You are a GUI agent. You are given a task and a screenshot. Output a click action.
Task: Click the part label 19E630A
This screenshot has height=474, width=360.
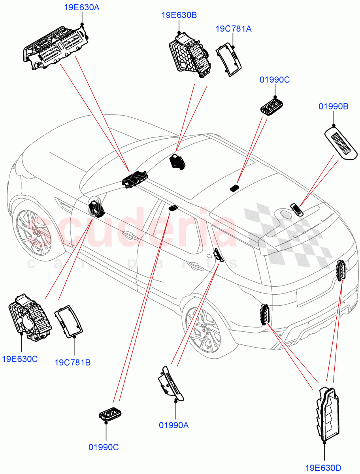coord(82,7)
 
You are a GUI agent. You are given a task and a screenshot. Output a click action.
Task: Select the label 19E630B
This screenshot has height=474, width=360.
coord(179,15)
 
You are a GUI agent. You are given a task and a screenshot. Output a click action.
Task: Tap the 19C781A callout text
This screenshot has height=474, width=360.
coord(233,29)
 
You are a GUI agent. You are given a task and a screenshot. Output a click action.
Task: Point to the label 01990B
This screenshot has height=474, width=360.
coord(333,106)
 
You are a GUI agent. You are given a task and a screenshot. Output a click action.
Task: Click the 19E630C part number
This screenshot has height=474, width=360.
coord(20,359)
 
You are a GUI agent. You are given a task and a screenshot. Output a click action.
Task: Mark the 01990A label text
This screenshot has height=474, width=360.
coord(174,425)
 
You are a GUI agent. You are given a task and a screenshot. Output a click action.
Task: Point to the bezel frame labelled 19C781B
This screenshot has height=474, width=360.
coord(70,322)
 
